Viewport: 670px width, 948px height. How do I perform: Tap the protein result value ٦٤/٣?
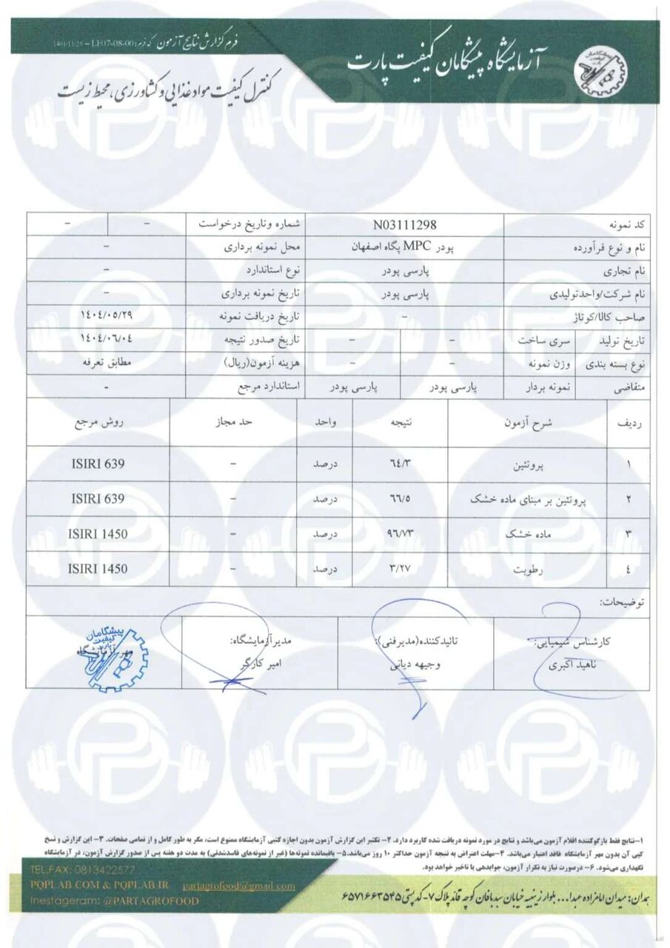pos(402,464)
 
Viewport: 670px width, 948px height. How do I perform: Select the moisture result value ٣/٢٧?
pos(402,569)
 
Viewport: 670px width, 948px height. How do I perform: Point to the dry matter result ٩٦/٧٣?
pos(402,534)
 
